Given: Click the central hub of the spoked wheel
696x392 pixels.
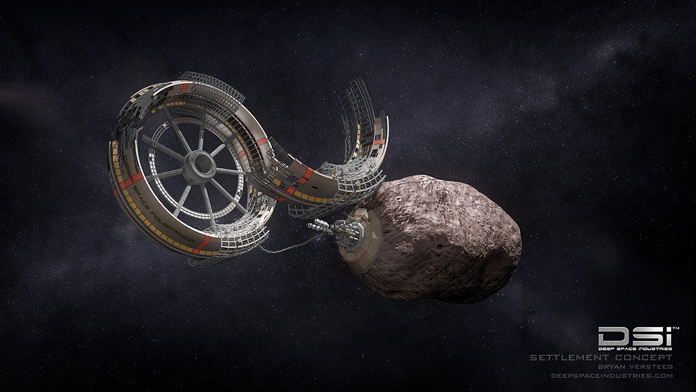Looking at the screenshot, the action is [200, 167].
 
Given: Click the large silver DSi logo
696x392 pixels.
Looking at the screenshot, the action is [635, 336].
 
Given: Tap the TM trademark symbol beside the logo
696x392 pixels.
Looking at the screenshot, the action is [676, 328].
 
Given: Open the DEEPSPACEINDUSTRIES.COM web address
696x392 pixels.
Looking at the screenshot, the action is [612, 376].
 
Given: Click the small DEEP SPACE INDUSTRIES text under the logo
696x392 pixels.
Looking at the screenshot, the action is [635, 349].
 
